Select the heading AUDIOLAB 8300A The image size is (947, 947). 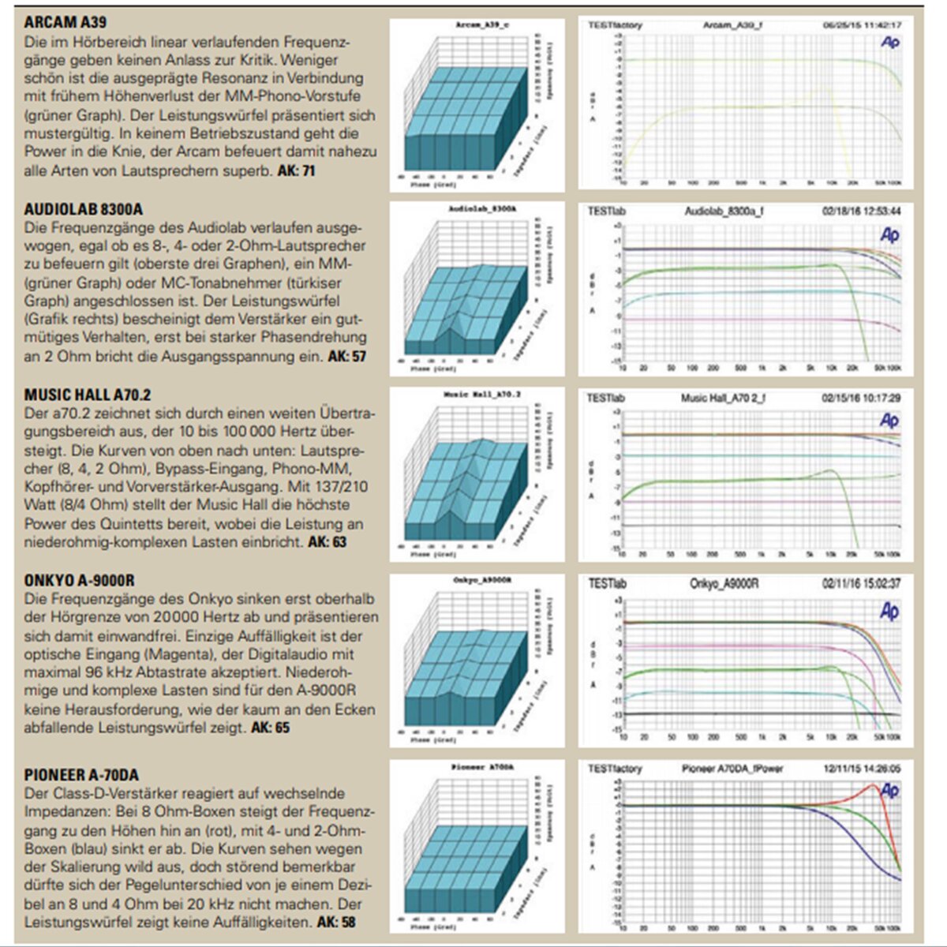click(x=84, y=209)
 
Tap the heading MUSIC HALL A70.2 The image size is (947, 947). click(x=87, y=395)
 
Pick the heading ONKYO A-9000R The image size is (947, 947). click(x=79, y=581)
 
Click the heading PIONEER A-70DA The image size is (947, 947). click(x=81, y=775)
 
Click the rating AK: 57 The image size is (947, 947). click(x=347, y=357)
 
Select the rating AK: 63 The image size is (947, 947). click(x=327, y=542)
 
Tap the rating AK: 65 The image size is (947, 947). click(x=270, y=728)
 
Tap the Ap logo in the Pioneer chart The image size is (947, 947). click(x=889, y=790)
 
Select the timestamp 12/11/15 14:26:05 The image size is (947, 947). click(x=862, y=769)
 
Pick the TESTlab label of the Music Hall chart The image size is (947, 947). click(x=606, y=399)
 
